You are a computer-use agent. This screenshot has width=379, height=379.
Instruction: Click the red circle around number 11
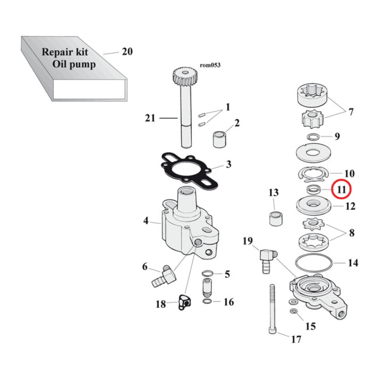tap(341, 189)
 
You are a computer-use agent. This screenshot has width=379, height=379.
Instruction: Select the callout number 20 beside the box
tap(127, 52)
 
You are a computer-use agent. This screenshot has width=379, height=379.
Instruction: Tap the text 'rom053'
tap(210, 65)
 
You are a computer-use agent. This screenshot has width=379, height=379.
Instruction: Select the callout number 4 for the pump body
tap(146, 221)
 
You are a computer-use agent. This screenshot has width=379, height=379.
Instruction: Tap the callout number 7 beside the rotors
tap(351, 112)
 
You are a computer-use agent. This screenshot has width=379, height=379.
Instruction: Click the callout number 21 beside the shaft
tap(150, 118)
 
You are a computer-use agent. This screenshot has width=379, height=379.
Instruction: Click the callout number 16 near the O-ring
tap(228, 302)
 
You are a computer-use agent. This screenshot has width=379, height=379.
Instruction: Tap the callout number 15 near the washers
tap(311, 326)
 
